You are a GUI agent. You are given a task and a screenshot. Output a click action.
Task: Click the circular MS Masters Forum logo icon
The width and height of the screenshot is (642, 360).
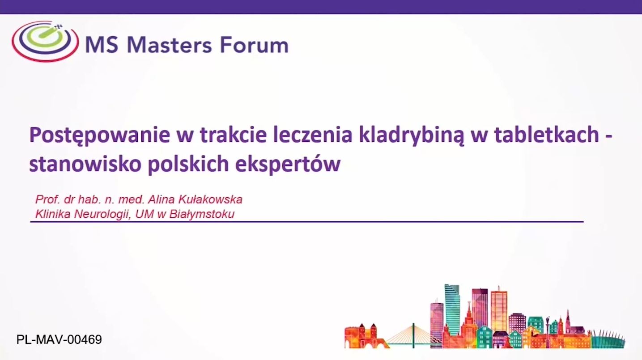point(45,41)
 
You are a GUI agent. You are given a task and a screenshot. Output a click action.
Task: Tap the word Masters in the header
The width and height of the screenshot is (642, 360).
point(169,45)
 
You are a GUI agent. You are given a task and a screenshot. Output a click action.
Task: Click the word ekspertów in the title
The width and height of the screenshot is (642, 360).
point(288,165)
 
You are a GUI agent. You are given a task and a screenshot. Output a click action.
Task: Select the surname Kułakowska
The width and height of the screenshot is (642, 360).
point(210,199)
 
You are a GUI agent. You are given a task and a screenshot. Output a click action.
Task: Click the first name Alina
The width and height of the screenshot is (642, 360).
point(161,199)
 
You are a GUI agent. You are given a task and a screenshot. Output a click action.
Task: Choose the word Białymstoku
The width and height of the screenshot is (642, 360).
point(202,214)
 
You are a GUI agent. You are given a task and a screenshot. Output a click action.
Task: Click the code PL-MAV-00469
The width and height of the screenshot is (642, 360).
point(59,340)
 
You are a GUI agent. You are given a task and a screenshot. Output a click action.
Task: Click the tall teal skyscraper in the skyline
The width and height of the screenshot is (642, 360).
point(452,310)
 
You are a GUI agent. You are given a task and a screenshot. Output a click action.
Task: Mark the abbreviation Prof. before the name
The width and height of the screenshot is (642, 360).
point(47,199)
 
